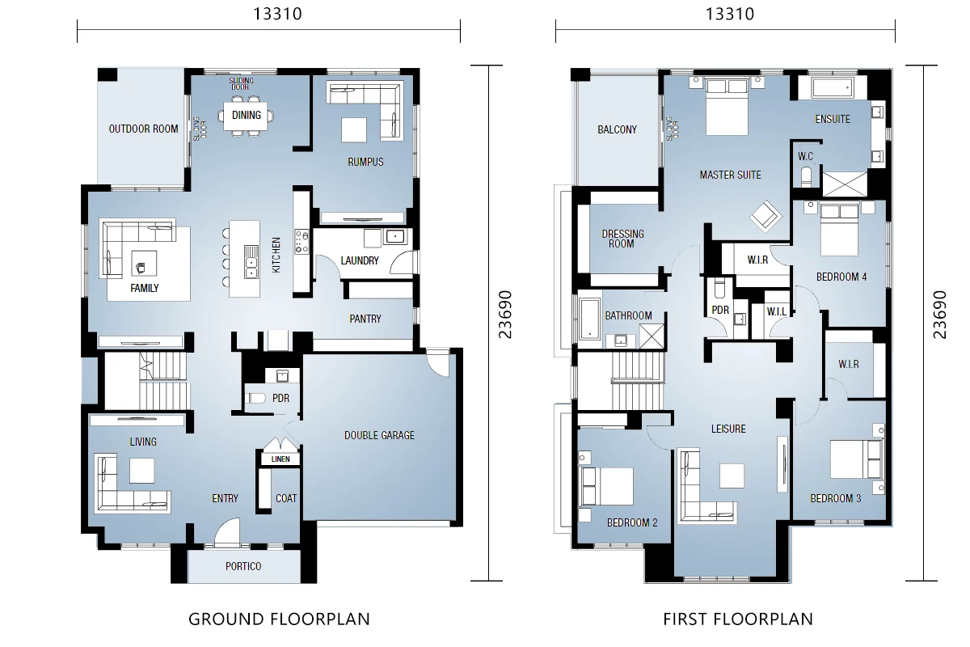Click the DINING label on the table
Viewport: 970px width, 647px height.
coord(247,115)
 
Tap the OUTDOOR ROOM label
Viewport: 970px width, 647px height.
coord(143,129)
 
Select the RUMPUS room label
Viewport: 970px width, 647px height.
coord(365,162)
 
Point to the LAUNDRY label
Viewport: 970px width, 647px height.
coord(360,260)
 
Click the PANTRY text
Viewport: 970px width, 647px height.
coord(365,319)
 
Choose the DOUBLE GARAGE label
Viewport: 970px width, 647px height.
coord(379,435)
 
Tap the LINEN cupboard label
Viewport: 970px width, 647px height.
coord(280,459)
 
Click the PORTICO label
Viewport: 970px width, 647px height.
coord(243,566)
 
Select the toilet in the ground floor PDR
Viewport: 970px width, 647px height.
coord(255,398)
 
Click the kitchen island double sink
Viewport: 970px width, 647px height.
coord(251,262)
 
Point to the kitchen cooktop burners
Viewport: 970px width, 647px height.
coord(302,241)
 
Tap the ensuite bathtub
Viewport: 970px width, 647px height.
coord(833,88)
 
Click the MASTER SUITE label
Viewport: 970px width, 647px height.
coord(730,175)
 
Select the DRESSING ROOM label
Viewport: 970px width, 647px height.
coord(622,239)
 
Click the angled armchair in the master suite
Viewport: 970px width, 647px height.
coord(766,216)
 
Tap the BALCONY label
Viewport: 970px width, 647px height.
coord(617,129)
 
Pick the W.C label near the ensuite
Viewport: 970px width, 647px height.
coord(805,156)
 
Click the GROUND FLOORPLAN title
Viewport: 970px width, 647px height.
coord(280,620)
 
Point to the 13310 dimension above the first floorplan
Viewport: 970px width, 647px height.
coord(730,14)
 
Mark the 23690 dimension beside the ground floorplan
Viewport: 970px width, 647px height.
coord(505,314)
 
